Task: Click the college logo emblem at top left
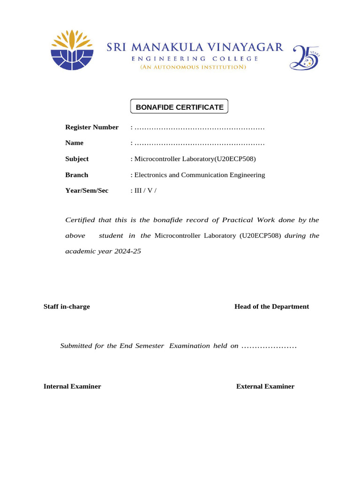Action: pyautogui.click(x=72, y=50)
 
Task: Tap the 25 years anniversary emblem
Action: pyautogui.click(x=305, y=57)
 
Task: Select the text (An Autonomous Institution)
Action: pyautogui.click(x=193, y=67)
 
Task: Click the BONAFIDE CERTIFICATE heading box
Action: pyautogui.click(x=179, y=107)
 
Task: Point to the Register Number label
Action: pyautogui.click(x=92, y=127)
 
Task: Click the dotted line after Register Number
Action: pyautogui.click(x=199, y=127)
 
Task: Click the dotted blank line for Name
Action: pyautogui.click(x=199, y=143)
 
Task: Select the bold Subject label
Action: pyautogui.click(x=77, y=159)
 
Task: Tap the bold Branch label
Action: pyautogui.click(x=77, y=175)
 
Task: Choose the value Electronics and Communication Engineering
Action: pyautogui.click(x=199, y=175)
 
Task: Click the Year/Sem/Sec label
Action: pyautogui.click(x=87, y=191)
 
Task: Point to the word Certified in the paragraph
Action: pyautogui.click(x=80, y=220)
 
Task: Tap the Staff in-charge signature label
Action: pyautogui.click(x=67, y=307)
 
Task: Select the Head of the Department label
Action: pyautogui.click(x=271, y=307)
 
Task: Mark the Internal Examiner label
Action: pyautogui.click(x=72, y=387)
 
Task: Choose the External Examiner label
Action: pyautogui.click(x=265, y=387)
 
